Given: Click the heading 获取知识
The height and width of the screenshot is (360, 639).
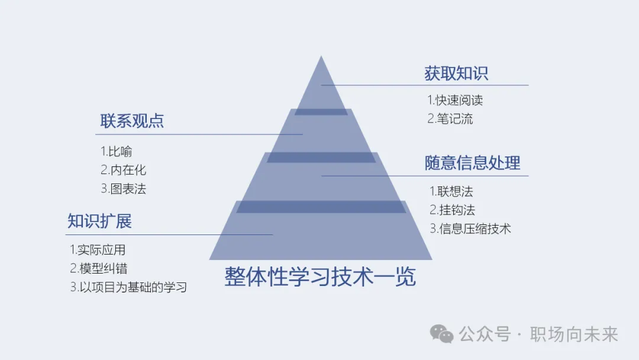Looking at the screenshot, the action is click(456, 73).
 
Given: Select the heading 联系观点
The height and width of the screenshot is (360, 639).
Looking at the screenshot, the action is click(132, 121).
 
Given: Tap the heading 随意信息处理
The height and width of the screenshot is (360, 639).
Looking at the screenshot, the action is click(472, 163).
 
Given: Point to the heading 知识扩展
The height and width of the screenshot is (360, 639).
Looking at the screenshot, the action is click(99, 221).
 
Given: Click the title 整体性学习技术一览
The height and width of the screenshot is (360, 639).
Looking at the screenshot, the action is click(320, 277).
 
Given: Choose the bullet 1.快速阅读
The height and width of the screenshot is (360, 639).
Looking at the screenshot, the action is click(455, 101).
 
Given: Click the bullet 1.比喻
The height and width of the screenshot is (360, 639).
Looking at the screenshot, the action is click(116, 152).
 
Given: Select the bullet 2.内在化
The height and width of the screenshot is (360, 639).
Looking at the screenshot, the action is click(123, 171).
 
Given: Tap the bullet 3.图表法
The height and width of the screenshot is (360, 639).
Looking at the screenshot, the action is click(123, 189).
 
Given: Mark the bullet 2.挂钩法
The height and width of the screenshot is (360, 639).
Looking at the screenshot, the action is click(452, 210).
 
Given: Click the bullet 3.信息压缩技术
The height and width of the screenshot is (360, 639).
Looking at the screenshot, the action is click(470, 229).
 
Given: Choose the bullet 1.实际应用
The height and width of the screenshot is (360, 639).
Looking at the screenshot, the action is click(98, 250).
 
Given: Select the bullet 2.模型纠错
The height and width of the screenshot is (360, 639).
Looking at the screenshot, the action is click(98, 269).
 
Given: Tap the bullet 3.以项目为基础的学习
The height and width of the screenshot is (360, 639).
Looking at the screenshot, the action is click(128, 288).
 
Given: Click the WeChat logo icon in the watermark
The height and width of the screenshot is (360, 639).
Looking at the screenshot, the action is click(441, 334).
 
